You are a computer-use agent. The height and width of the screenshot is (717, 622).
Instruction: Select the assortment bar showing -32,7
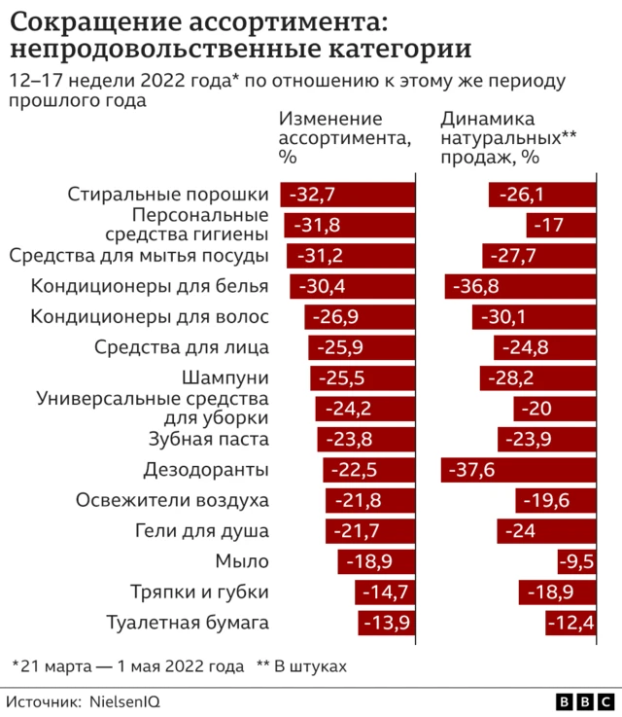tap(348, 195)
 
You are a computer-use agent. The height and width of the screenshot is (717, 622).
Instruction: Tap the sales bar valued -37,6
tap(518, 470)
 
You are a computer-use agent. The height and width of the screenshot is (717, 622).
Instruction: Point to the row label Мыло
tap(243, 561)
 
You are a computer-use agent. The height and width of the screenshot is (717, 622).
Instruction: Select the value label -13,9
tap(384, 624)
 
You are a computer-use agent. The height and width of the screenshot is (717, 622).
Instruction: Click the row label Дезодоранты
tap(206, 470)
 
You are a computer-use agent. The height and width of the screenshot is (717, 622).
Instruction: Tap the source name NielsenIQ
tap(125, 700)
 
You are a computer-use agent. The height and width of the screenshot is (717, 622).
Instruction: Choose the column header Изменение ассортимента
tap(345, 136)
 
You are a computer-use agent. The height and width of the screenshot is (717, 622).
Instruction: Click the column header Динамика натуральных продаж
tap(507, 136)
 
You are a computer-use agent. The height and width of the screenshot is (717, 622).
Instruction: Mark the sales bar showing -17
tap(561, 226)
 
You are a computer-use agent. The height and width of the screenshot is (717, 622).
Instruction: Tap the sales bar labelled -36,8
tap(520, 286)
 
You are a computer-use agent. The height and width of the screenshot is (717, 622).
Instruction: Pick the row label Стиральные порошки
tap(167, 195)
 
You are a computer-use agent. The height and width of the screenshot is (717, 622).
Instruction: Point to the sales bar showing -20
tap(554, 409)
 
